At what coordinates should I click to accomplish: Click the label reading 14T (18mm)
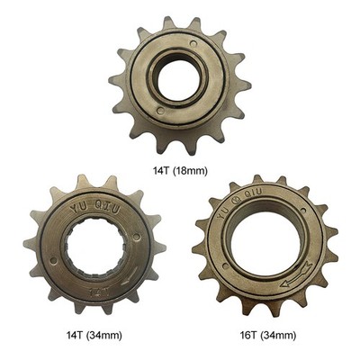[x=180, y=171]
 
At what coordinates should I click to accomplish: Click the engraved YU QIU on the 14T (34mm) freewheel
[x=95, y=207]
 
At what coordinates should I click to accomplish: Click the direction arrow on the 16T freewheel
[x=296, y=275]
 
